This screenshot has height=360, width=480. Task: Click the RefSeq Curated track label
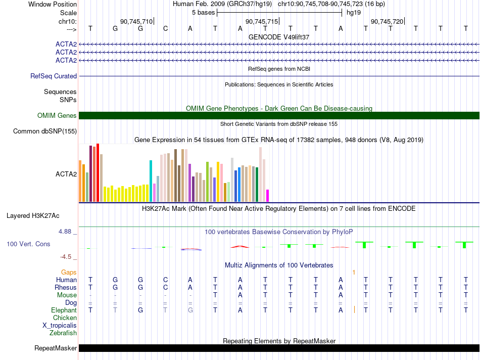click(x=54, y=76)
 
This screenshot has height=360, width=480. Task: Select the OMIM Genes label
click(x=57, y=115)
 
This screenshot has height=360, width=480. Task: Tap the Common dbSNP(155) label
click(x=45, y=131)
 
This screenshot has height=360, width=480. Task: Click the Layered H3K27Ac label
click(x=33, y=216)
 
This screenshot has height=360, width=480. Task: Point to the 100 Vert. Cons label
click(x=28, y=244)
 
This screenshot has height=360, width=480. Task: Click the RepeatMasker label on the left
click(x=56, y=348)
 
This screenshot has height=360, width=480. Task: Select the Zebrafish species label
click(x=63, y=333)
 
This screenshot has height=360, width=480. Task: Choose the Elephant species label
click(x=64, y=310)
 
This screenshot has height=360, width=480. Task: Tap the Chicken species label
click(x=65, y=318)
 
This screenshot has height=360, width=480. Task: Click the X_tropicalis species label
click(x=60, y=326)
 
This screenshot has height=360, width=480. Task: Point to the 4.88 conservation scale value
click(x=65, y=231)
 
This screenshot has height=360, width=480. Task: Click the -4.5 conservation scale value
click(x=66, y=257)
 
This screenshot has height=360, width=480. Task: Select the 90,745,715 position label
click(x=262, y=21)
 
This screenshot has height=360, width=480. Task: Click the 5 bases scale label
click(x=203, y=13)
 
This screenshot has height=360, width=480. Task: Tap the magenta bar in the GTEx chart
click(x=267, y=196)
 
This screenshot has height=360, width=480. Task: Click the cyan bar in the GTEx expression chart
click(x=151, y=181)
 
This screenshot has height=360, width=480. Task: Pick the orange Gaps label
click(x=69, y=272)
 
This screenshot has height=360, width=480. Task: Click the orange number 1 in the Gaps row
click(x=354, y=272)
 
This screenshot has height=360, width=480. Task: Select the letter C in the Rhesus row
click(x=165, y=287)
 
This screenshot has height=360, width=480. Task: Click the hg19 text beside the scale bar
click(x=354, y=13)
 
